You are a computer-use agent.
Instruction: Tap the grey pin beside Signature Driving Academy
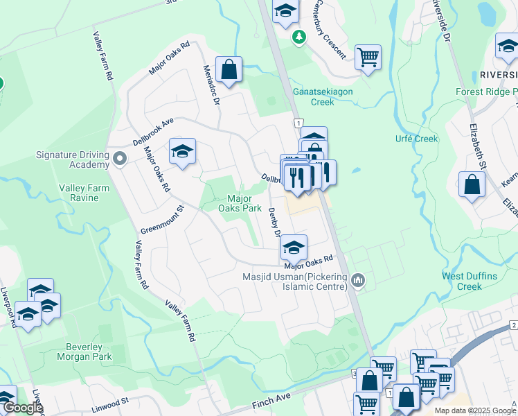click(x=120, y=159)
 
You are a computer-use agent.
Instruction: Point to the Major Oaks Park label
click(x=240, y=202)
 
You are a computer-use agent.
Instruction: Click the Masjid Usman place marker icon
click(x=358, y=280)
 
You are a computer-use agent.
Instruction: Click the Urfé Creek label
click(x=416, y=139)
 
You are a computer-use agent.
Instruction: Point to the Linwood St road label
click(x=111, y=401)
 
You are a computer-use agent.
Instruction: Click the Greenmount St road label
click(x=163, y=219)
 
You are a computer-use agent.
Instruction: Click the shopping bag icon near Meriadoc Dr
click(x=229, y=69)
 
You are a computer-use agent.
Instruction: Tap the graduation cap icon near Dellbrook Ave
click(x=182, y=151)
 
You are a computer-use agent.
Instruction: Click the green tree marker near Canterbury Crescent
click(x=299, y=36)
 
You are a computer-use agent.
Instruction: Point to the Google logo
click(x=22, y=408)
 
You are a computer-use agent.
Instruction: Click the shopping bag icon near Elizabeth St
click(x=472, y=184)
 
